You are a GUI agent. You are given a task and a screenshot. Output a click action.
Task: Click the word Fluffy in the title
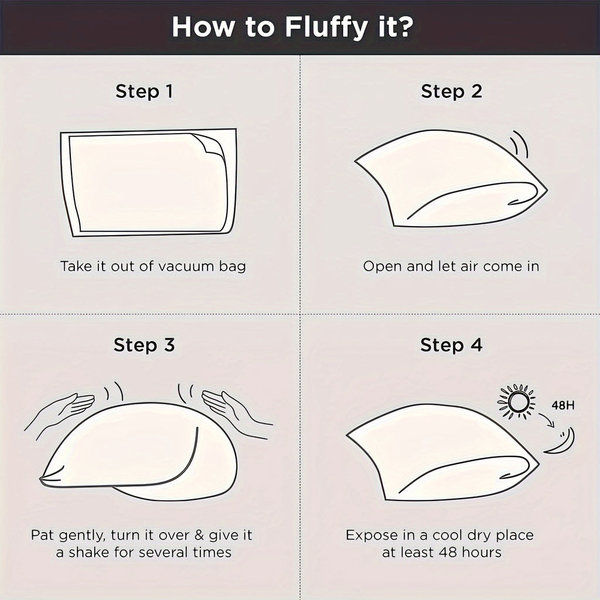tap(326, 28)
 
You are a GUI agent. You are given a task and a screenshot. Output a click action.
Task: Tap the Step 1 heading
tap(144, 92)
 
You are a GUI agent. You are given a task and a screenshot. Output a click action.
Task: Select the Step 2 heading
tap(452, 92)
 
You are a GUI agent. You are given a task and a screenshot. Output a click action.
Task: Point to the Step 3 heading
tap(144, 345)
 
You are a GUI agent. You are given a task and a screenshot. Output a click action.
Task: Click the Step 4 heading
tap(452, 345)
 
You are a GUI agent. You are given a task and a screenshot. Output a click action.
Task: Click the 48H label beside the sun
tap(563, 405)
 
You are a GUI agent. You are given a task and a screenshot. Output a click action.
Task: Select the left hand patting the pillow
tap(61, 411)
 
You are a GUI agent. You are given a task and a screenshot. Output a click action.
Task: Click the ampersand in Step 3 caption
tap(199, 534)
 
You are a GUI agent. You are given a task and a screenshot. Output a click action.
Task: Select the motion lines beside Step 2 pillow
tap(520, 144)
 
